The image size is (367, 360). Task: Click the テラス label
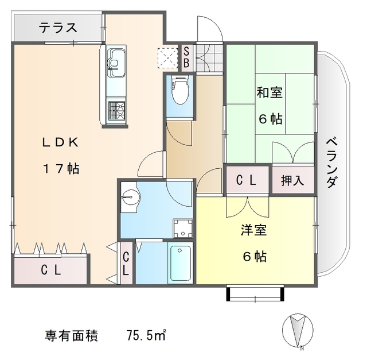click(x=57, y=27)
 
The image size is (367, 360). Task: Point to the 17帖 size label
click(x=60, y=169)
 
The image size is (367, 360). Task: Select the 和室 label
click(x=269, y=92)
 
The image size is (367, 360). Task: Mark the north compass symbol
click(x=298, y=333)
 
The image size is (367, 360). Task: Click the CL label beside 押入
click(x=247, y=180)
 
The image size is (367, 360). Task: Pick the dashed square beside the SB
click(x=168, y=57)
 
